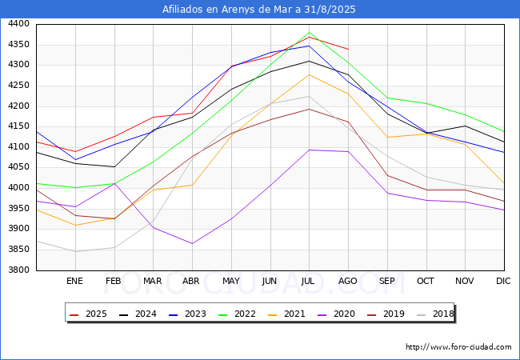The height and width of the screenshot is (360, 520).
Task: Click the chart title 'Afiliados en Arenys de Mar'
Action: [x=259, y=10]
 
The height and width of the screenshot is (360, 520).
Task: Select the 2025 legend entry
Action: [x=90, y=314]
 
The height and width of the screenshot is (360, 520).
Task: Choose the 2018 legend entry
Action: [x=436, y=314]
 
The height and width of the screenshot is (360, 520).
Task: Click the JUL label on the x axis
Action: [x=309, y=281]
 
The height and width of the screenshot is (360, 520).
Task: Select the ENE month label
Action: [x=74, y=281]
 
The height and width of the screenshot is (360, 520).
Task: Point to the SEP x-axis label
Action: [x=386, y=281]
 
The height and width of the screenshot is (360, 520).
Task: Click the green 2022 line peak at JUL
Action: [x=309, y=33]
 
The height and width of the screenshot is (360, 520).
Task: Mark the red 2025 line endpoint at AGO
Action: [x=348, y=49]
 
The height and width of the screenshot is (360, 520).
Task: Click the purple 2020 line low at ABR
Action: [x=192, y=243]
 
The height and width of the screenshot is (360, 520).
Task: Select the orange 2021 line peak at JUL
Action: [x=309, y=74]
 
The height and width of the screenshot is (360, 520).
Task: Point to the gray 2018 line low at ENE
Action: [x=74, y=251]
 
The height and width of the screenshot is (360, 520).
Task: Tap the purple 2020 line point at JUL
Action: [x=309, y=150]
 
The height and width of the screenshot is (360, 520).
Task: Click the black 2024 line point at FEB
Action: [x=114, y=166]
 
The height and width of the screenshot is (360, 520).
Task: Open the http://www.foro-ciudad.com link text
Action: [x=458, y=347]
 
